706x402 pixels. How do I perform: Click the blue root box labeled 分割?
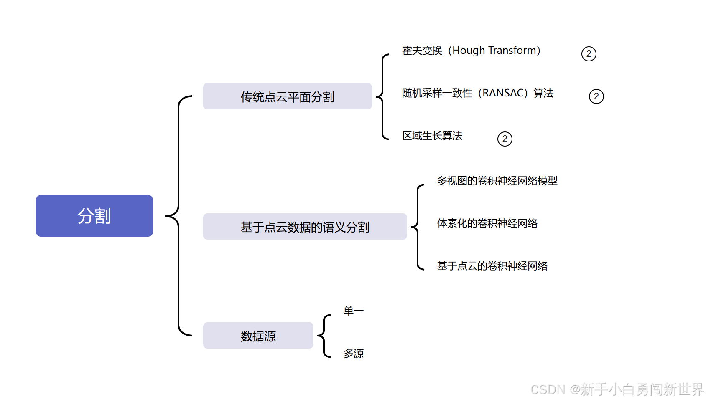click(x=94, y=216)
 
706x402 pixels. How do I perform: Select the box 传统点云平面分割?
click(x=287, y=96)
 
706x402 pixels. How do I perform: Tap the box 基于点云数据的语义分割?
click(x=305, y=227)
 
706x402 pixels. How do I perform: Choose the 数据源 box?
click(x=258, y=336)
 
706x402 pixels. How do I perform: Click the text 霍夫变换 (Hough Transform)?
click(x=471, y=51)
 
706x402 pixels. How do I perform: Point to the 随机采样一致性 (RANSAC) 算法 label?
click(x=477, y=93)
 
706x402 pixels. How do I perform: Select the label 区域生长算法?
click(x=432, y=136)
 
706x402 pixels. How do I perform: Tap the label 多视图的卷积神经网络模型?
click(x=497, y=181)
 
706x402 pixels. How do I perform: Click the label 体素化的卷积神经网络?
click(x=487, y=223)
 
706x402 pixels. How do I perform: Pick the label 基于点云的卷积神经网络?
click(x=492, y=266)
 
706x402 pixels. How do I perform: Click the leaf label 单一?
click(x=353, y=311)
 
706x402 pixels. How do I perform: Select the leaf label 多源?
click(x=353, y=354)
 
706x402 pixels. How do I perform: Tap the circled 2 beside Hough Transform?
click(x=589, y=54)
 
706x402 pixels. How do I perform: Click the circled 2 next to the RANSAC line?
click(x=596, y=96)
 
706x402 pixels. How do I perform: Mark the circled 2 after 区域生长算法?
click(x=505, y=139)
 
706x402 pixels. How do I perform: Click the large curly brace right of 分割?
click(x=178, y=216)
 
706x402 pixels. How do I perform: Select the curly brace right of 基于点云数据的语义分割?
click(x=418, y=227)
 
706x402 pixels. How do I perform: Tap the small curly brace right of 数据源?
click(x=324, y=336)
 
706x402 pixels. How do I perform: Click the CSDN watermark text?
click(x=617, y=389)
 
